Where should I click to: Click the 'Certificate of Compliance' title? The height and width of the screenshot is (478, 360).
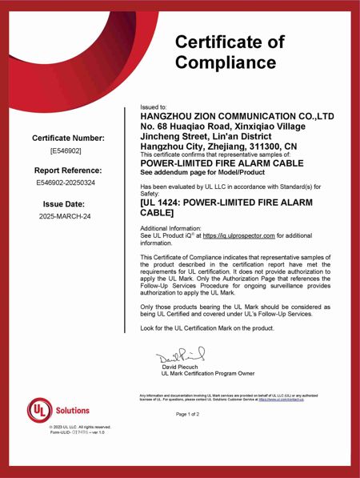coord(229,51)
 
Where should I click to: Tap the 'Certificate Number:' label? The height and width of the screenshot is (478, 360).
coord(68,139)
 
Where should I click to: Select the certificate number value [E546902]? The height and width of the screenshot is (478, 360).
coord(66,151)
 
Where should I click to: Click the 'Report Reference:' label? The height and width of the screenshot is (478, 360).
coord(68,171)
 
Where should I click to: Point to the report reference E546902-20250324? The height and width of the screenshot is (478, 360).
coord(66,183)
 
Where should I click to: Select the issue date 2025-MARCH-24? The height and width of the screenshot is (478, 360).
coord(66,216)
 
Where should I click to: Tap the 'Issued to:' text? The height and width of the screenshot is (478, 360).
coord(153,106)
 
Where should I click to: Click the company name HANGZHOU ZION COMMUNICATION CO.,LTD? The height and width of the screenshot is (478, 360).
coord(237,116)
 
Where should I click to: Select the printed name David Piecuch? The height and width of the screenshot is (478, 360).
coord(181,367)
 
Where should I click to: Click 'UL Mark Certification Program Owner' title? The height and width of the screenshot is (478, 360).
coord(208,373)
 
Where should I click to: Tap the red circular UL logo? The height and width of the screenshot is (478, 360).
coord(41,410)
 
